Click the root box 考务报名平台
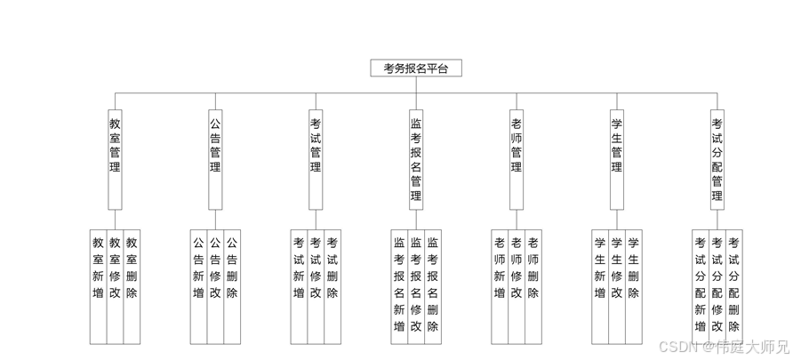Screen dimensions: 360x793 416,68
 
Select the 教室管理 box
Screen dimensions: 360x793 115,147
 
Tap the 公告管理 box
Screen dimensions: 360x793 215,147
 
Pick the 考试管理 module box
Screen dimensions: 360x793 316,147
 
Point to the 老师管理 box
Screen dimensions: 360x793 517,147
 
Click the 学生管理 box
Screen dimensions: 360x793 617,147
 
